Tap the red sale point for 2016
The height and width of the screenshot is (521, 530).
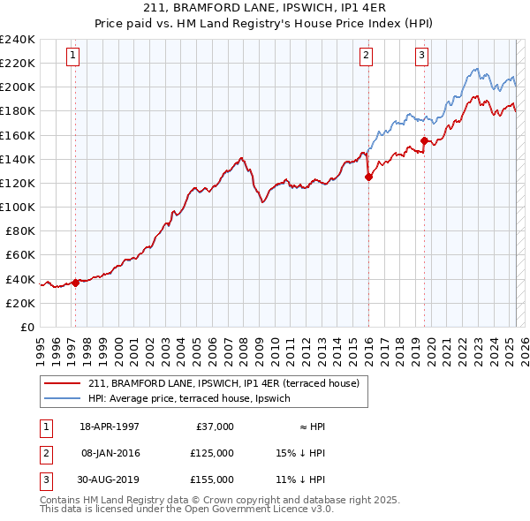pyautogui.click(x=368, y=177)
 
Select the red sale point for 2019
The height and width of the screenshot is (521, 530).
pyautogui.click(x=425, y=140)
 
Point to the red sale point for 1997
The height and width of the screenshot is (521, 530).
pyautogui.click(x=75, y=283)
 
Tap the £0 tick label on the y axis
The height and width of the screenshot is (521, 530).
pyautogui.click(x=26, y=327)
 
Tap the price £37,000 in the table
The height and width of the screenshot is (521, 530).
pyautogui.click(x=215, y=426)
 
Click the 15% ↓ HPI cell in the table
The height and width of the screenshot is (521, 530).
pyautogui.click(x=300, y=452)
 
